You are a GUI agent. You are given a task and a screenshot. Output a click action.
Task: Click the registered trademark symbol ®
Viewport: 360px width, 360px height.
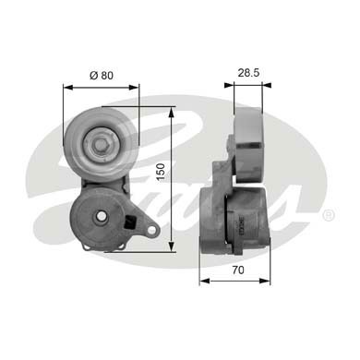330,215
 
